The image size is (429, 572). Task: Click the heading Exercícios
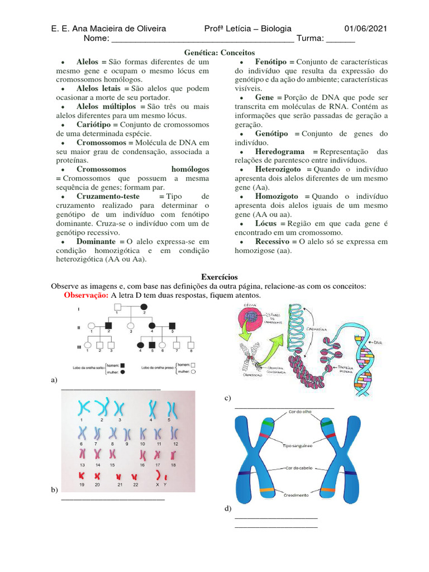(x=220, y=277)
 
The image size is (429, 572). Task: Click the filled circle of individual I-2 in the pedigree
(x=144, y=307)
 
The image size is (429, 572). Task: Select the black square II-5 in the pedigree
(x=172, y=325)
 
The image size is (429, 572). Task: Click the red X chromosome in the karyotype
(x=158, y=476)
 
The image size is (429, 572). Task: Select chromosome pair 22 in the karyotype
(x=135, y=476)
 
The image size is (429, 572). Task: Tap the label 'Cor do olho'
(x=301, y=412)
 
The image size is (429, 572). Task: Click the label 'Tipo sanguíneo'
(x=297, y=446)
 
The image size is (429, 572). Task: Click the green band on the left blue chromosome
(x=269, y=425)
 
